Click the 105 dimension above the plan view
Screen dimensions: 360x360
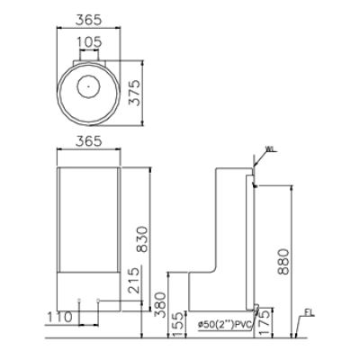87,42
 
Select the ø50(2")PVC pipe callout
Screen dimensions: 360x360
220,325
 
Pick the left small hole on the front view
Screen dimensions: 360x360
79,300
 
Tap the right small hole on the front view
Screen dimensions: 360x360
97,300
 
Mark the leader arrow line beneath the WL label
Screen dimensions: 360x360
259,162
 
